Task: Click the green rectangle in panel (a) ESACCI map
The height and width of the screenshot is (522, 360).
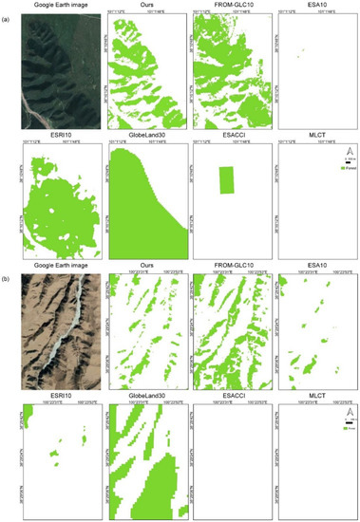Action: [x=225, y=179]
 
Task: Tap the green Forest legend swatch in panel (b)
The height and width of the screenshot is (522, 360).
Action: [x=341, y=430]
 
